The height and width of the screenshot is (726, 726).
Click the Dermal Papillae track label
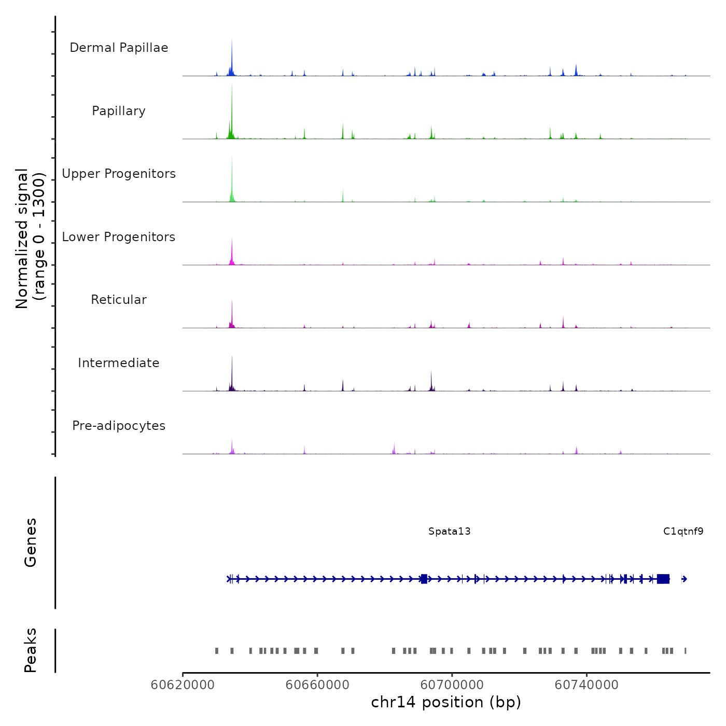pyautogui.click(x=119, y=48)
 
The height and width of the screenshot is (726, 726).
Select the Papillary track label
pyautogui.click(x=119, y=111)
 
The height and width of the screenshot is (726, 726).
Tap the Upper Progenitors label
pyautogui.click(x=119, y=174)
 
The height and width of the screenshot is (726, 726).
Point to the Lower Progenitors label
pyautogui.click(x=119, y=237)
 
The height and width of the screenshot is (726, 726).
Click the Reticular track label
pyautogui.click(x=119, y=300)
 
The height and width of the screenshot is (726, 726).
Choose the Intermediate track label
pyautogui.click(x=119, y=363)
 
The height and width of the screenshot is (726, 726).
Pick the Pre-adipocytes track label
pyautogui.click(x=119, y=426)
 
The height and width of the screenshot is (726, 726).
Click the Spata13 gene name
pyautogui.click(x=449, y=531)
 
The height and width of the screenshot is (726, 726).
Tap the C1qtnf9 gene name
pyautogui.click(x=683, y=531)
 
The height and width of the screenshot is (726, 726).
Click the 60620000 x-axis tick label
pyautogui.click(x=183, y=685)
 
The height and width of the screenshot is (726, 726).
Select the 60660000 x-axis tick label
pyautogui.click(x=317, y=685)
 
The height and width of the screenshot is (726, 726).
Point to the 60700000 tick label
pyautogui.click(x=452, y=685)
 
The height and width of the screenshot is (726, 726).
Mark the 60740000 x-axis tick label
pyautogui.click(x=587, y=685)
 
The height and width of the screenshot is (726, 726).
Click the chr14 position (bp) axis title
pyautogui.click(x=446, y=702)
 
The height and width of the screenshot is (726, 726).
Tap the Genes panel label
pyautogui.click(x=31, y=542)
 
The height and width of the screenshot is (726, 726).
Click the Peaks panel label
pyautogui.click(x=31, y=650)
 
